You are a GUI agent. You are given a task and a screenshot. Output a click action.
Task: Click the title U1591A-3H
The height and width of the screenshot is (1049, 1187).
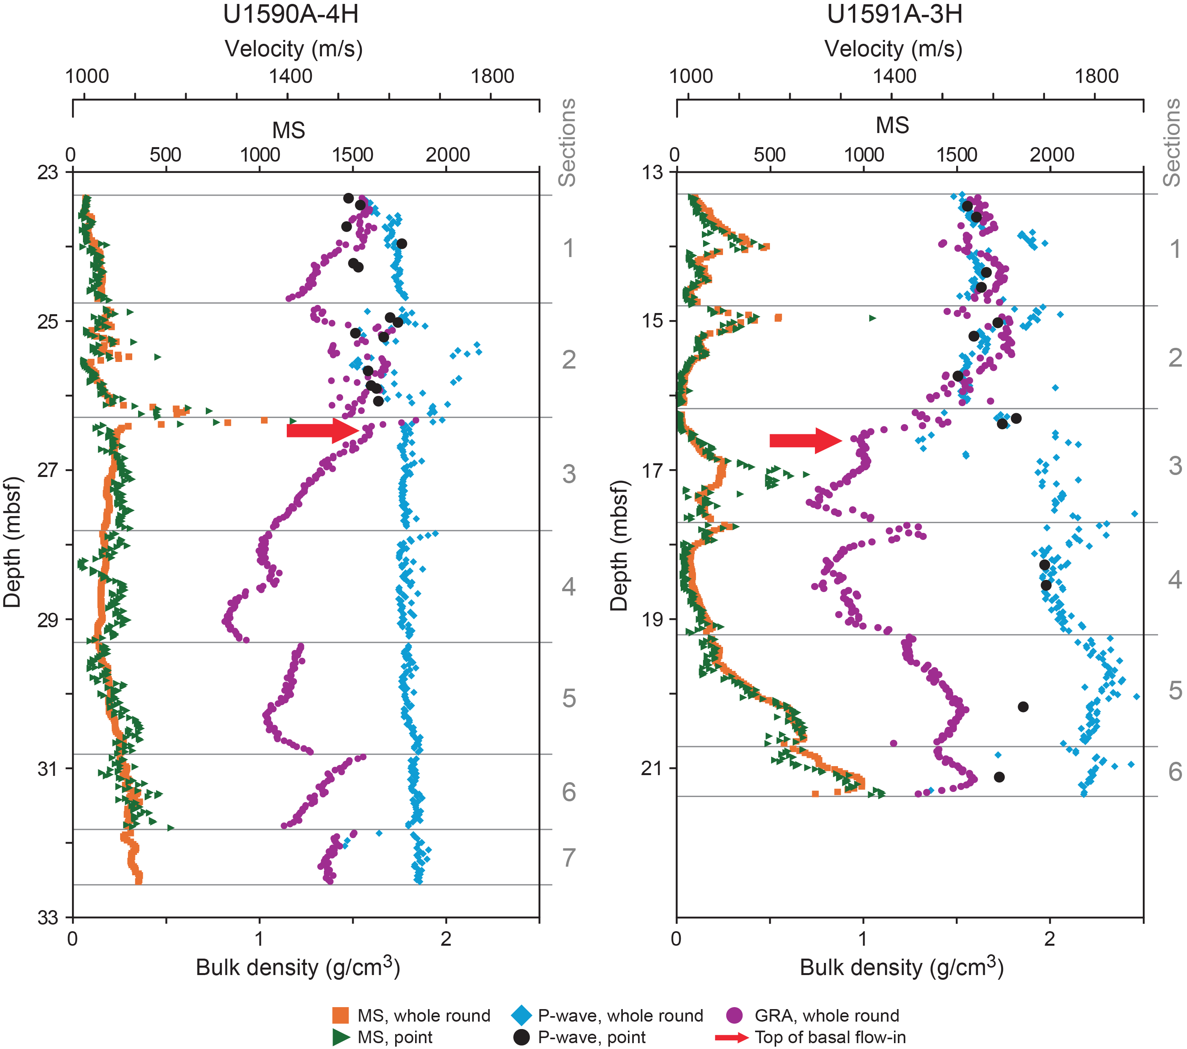click(x=894, y=14)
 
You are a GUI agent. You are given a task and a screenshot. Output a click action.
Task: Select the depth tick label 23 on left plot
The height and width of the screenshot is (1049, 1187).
click(x=48, y=173)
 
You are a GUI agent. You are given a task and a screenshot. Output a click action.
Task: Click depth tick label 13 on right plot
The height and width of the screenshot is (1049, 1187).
click(x=653, y=173)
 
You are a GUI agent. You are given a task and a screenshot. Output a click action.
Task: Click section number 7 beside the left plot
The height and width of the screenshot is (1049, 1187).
click(x=568, y=857)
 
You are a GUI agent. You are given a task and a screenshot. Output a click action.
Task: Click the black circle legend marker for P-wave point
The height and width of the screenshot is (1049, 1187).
click(x=522, y=1037)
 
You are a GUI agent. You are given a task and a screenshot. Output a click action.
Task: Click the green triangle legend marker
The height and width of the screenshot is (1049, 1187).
click(x=341, y=1037)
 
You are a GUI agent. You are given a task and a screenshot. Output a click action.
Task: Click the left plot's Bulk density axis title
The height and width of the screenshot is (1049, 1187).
click(x=297, y=968)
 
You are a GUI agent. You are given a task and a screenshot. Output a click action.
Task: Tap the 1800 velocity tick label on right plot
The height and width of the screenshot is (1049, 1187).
click(x=1096, y=76)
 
